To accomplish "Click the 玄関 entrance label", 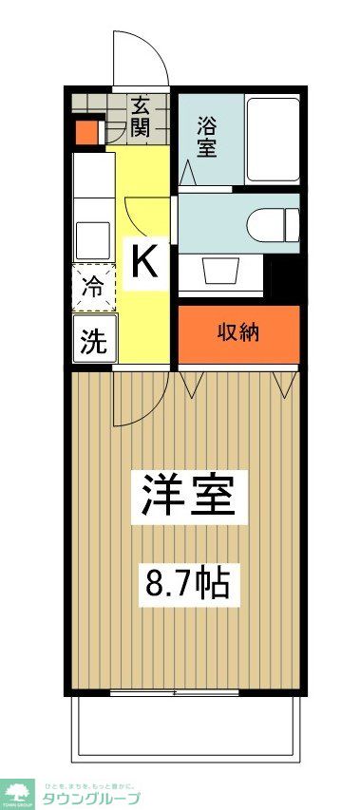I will point(141,117).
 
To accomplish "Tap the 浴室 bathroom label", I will point(207,137).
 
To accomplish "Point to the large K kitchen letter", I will point(143,260).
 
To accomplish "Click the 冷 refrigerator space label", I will point(93,287).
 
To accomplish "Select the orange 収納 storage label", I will point(239,333).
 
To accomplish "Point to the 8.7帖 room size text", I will point(186,581).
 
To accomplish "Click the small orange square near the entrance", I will point(86,132).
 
